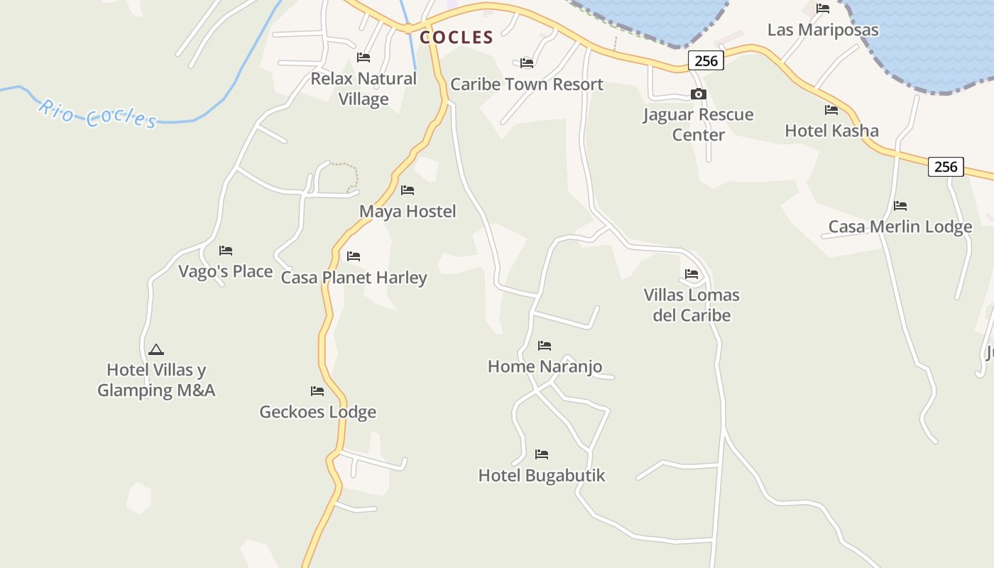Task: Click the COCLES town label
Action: [456, 37]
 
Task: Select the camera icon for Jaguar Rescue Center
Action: [699, 94]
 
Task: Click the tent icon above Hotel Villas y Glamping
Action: [156, 349]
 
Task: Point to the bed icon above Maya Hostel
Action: [408, 190]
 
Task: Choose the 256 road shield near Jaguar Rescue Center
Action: [706, 61]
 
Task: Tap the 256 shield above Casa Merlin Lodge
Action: [946, 167]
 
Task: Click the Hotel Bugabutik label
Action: [542, 475]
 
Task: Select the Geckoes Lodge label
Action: [317, 412]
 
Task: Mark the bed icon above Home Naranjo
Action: [545, 346]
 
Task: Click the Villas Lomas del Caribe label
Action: [692, 305]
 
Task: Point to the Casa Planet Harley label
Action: [354, 277]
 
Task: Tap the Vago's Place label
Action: [226, 271]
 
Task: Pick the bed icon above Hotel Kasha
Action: [831, 110]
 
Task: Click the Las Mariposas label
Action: [823, 30]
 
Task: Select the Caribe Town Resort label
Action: [527, 84]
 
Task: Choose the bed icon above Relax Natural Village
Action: [364, 58]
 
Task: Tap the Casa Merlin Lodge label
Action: [900, 226]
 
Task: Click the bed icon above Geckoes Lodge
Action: [317, 391]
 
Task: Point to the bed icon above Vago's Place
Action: [226, 251]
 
